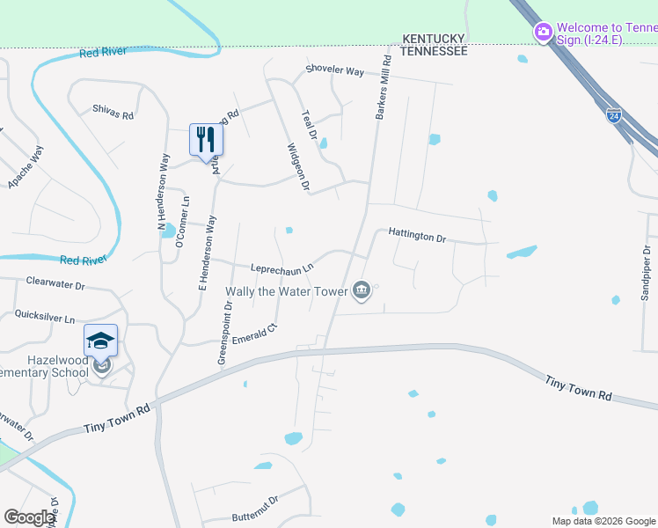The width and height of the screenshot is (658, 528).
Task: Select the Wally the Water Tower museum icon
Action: [361, 290]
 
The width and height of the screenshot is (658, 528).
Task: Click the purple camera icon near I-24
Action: [544, 33]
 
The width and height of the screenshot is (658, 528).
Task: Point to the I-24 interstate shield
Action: [613, 115]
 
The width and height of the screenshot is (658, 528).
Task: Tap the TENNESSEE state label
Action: [433, 52]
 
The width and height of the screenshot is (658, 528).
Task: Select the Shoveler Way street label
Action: [334, 70]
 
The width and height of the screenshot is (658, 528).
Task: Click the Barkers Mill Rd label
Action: [383, 88]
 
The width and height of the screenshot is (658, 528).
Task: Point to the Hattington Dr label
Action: [418, 237]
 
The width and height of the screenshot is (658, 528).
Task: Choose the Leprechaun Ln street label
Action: [282, 268]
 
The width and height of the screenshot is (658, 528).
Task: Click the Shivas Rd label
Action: [113, 114]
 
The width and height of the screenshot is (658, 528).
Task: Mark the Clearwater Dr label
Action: [55, 285]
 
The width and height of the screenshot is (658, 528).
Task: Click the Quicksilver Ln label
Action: [45, 316]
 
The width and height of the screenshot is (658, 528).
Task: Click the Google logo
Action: [30, 517]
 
